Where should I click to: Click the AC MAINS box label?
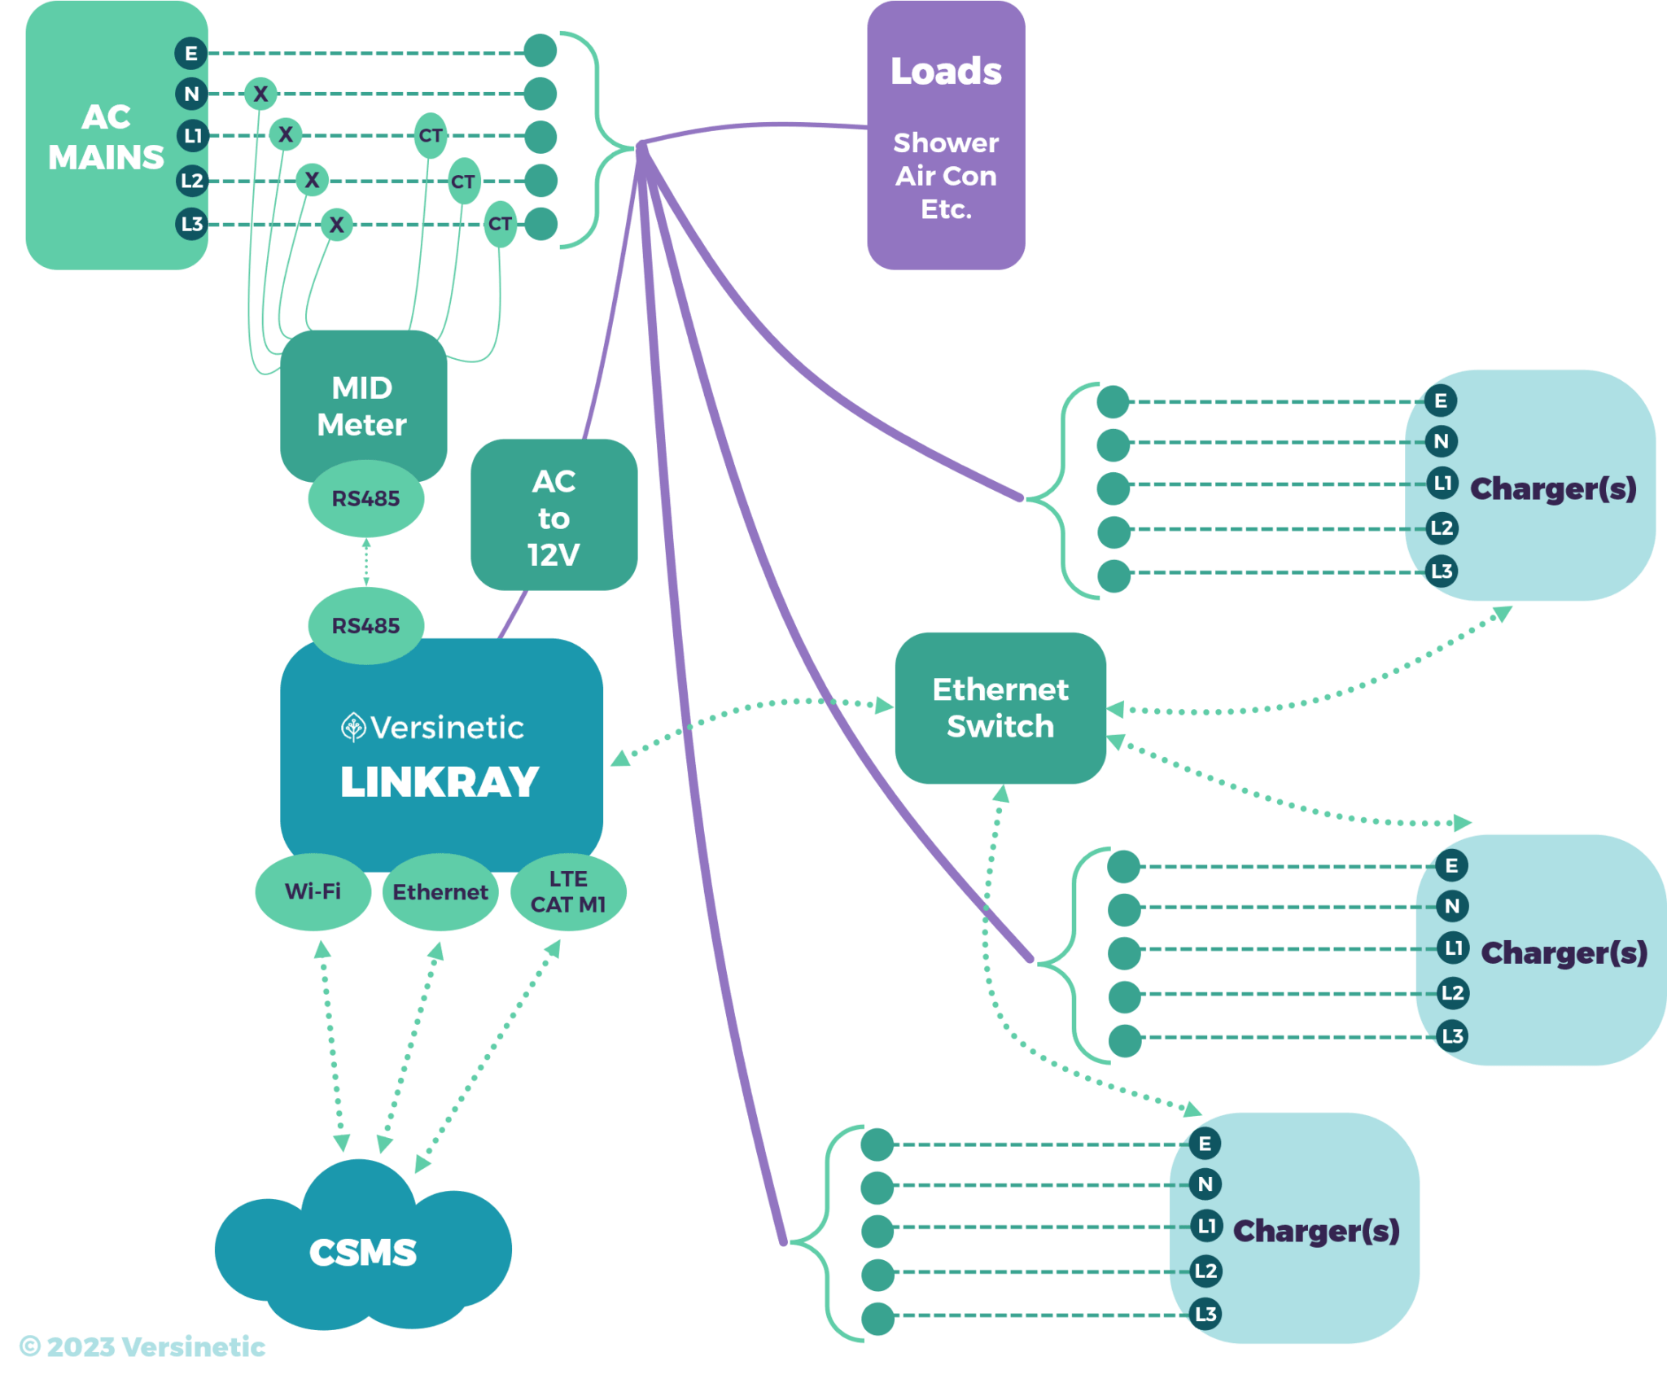(x=106, y=137)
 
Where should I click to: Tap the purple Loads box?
(x=945, y=135)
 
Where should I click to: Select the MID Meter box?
(x=362, y=405)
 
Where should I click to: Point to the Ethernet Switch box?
(x=1000, y=707)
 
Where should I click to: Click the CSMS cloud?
(x=363, y=1252)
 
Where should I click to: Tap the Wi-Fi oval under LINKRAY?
(x=313, y=891)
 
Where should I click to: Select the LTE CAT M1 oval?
(x=568, y=891)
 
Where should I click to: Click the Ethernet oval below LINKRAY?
(x=440, y=892)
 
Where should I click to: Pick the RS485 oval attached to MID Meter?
(x=365, y=498)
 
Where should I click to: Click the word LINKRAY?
(x=440, y=781)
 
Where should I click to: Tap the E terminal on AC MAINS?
(x=191, y=54)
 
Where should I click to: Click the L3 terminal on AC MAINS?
(x=192, y=224)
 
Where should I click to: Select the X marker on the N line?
(x=260, y=94)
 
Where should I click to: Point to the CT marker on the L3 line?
(x=500, y=224)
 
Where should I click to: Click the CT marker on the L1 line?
(x=431, y=135)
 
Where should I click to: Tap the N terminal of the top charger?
(x=1441, y=441)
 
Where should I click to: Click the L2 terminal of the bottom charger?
(x=1205, y=1271)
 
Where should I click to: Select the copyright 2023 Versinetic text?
(x=143, y=1346)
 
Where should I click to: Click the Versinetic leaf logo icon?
(x=352, y=727)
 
